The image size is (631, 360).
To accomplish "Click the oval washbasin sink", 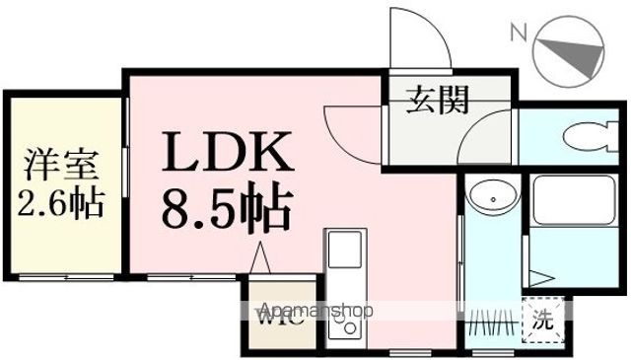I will tap(491, 197).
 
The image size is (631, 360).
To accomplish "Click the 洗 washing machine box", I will tap(542, 320).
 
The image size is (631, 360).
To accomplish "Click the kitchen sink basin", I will tap(346, 251).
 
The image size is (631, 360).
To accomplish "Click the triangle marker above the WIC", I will tap(262, 259).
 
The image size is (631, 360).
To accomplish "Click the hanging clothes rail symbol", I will tap(491, 322).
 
